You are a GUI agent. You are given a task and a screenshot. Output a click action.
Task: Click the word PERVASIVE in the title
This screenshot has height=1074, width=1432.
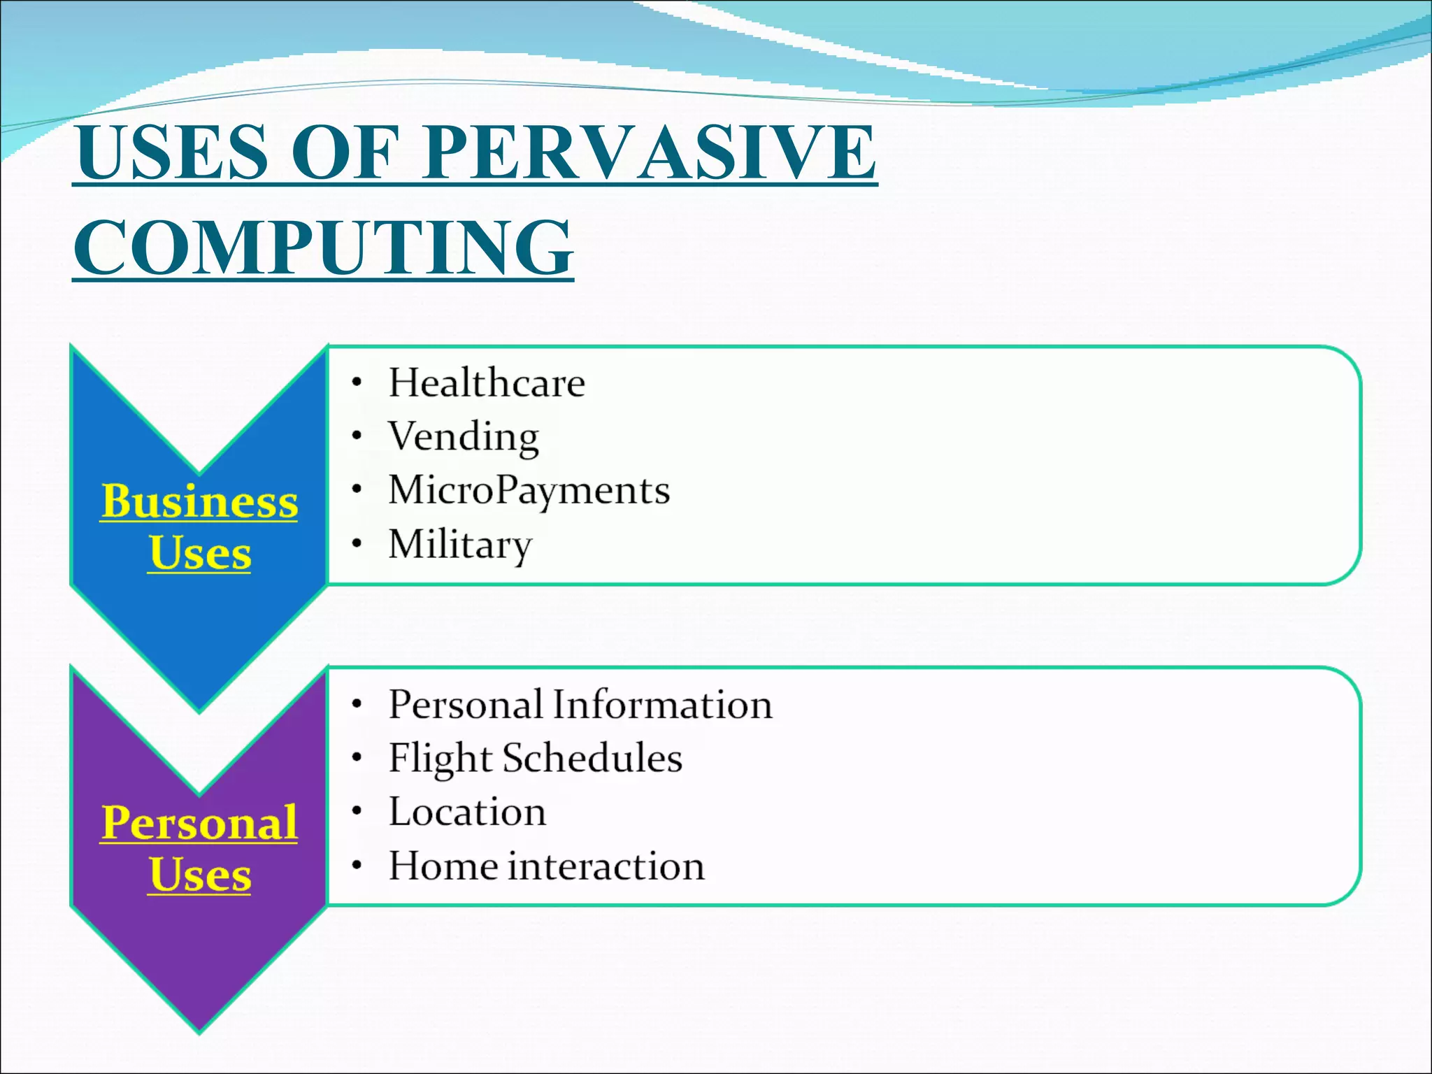pos(648,152)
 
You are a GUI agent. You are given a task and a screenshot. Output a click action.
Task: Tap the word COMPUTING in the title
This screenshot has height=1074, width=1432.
pos(323,248)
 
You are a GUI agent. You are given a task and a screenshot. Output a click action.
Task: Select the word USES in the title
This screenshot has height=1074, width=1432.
pos(172,152)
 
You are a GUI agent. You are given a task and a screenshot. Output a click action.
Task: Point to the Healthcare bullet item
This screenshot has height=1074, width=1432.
pos(487,383)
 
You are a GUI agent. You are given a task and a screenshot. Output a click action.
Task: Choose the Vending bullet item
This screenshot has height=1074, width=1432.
pos(464,437)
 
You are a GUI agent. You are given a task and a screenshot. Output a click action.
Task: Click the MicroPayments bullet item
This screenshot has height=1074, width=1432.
pos(529,490)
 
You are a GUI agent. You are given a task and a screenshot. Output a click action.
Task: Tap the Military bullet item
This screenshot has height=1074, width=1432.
pos(460,544)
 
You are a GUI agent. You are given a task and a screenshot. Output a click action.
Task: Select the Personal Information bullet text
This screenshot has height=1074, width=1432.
pos(580,704)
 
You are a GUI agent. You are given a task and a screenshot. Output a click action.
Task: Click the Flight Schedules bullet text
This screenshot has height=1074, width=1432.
pos(536,758)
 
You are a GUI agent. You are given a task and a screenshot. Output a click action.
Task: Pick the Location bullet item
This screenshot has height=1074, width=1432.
pos(467,812)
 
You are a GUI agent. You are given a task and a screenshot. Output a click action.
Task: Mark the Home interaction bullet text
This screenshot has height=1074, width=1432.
pos(547,866)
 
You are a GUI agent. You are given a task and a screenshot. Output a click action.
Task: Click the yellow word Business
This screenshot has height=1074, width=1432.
pos(199,501)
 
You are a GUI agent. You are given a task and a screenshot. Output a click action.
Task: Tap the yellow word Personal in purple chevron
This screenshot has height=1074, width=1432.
pos(199,823)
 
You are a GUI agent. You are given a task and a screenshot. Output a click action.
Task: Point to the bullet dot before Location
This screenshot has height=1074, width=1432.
pos(357,812)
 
